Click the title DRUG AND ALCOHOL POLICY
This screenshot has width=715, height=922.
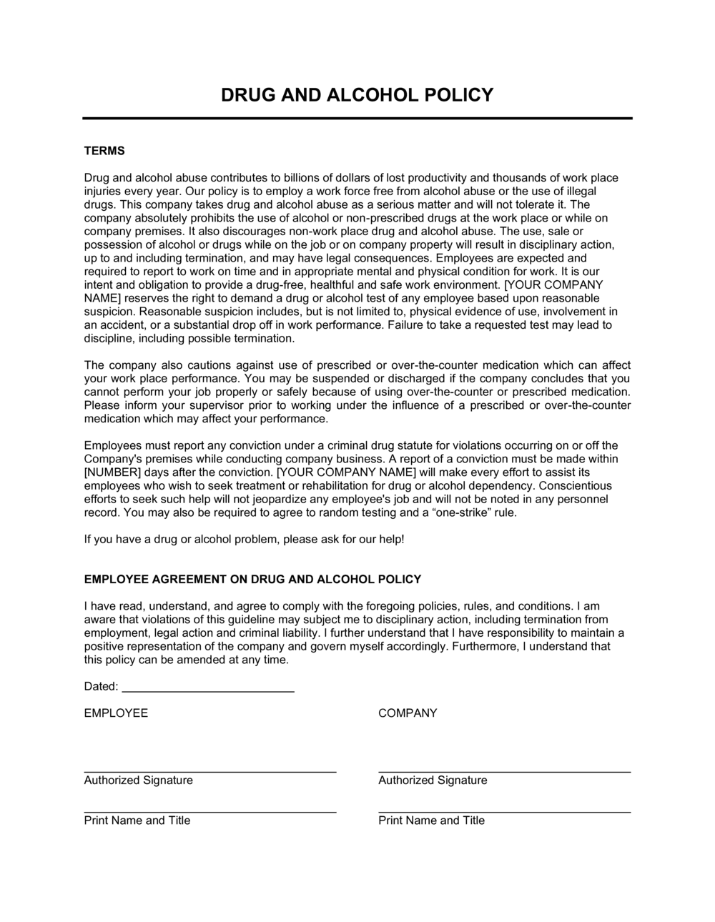[357, 95]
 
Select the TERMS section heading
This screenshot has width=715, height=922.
[104, 151]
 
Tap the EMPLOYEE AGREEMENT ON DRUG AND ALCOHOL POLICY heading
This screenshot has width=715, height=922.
[252, 579]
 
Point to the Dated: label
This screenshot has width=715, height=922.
[101, 686]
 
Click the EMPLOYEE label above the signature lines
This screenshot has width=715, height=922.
[116, 713]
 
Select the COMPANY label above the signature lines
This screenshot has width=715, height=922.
[408, 713]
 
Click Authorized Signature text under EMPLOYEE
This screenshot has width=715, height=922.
[138, 780]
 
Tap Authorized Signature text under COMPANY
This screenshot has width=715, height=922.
[433, 780]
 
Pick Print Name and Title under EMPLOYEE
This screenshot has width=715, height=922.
[137, 821]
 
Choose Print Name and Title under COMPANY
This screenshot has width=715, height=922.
[431, 821]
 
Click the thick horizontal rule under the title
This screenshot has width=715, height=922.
[357, 118]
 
